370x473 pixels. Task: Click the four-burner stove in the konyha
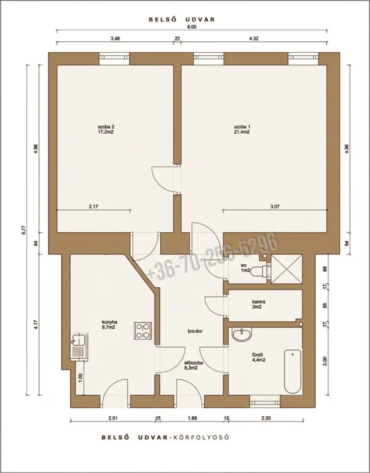(x=143, y=331)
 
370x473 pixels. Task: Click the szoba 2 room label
(x=106, y=127)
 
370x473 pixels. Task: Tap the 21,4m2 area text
(x=242, y=132)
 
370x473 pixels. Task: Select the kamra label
(x=259, y=302)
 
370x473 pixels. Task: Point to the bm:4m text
(x=195, y=331)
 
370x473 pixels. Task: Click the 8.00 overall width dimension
(x=192, y=27)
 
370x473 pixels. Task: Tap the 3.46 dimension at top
(x=115, y=39)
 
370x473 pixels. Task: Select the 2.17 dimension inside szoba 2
(x=93, y=207)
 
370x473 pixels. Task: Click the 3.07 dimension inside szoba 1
(x=275, y=207)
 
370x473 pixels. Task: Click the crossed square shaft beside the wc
(x=287, y=269)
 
